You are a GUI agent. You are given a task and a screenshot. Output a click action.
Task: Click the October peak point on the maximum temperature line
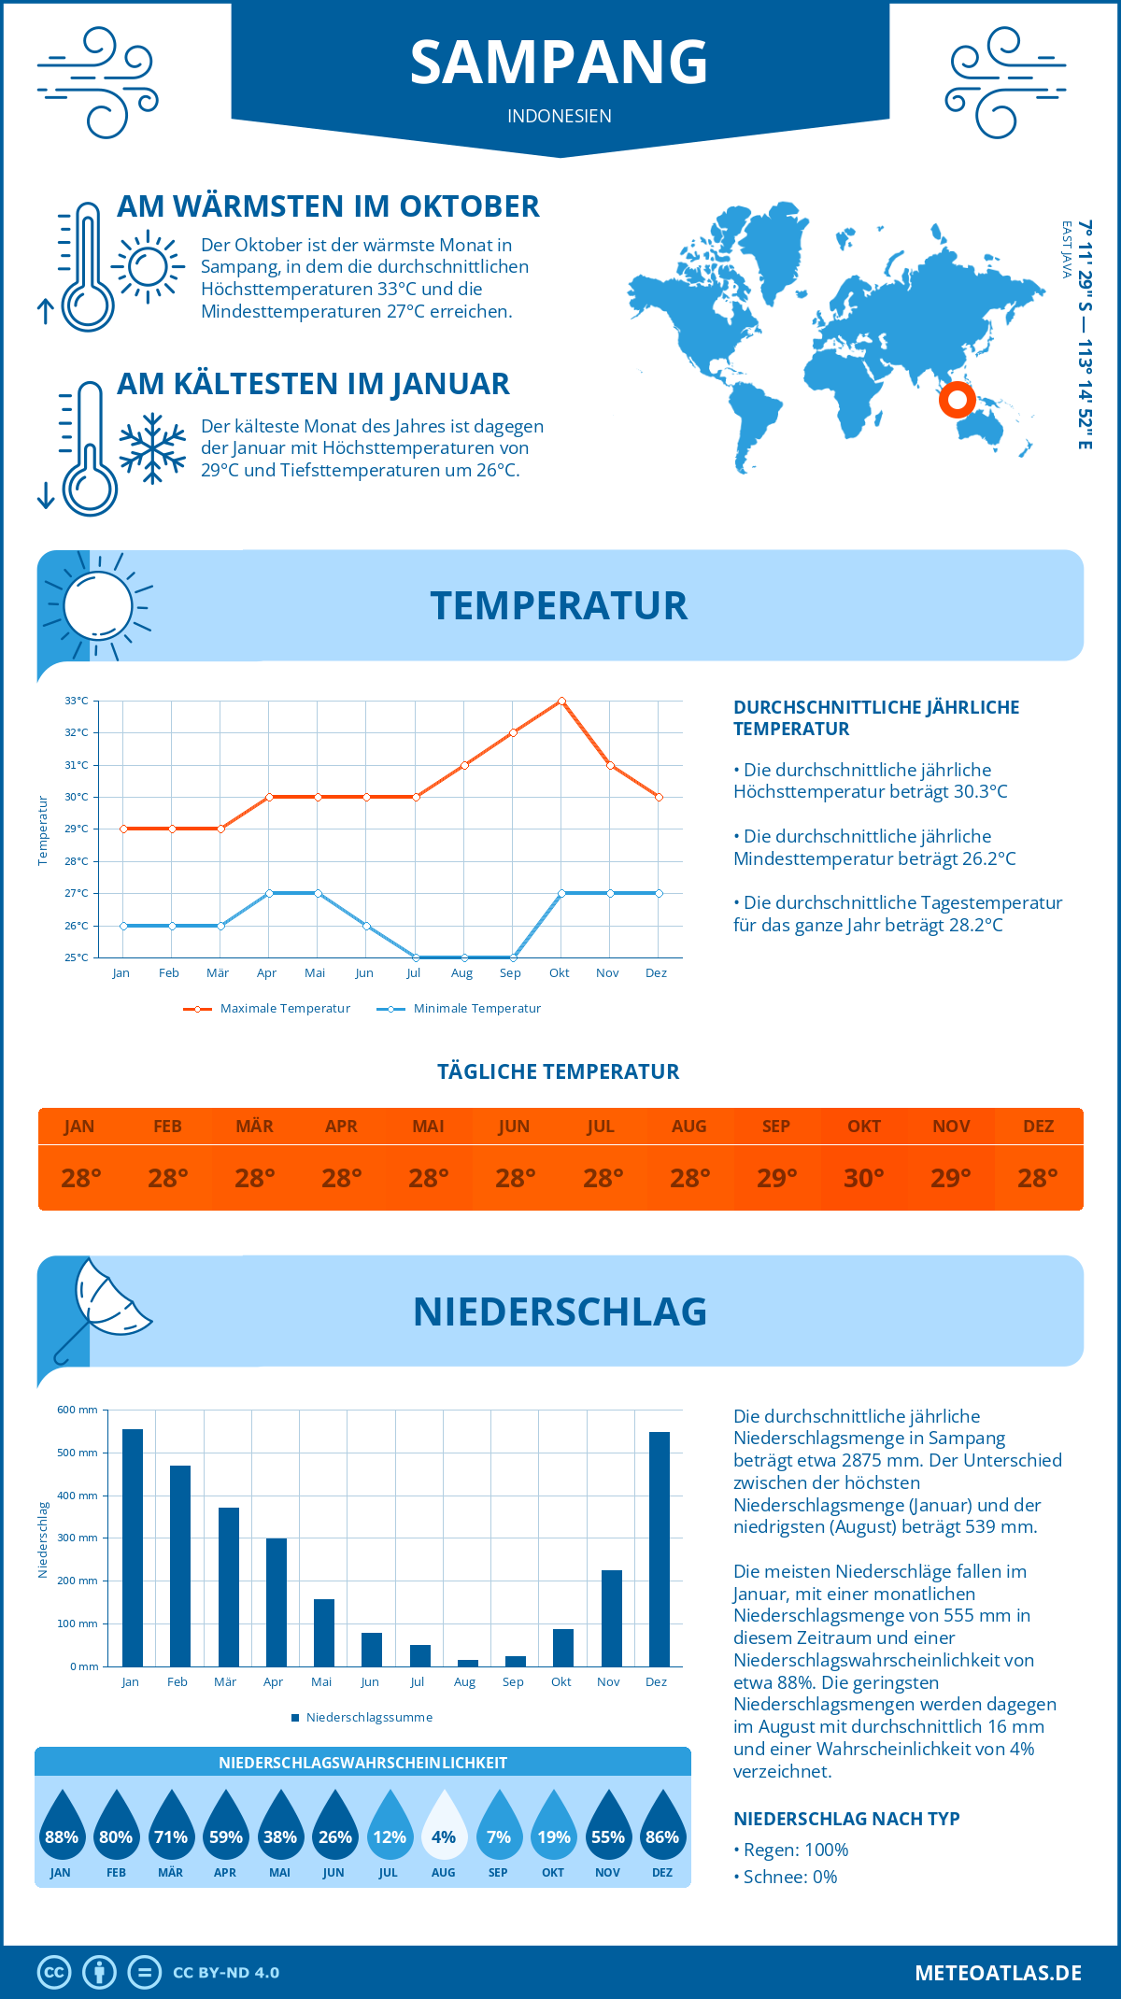561,701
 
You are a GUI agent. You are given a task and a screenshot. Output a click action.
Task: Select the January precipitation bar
133,1548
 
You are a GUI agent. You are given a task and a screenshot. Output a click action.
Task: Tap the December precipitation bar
660,1549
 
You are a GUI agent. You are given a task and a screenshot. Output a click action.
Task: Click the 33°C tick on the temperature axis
77,701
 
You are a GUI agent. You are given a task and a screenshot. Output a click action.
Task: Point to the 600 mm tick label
78,1410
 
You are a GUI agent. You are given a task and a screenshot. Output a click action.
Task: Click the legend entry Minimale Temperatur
476,1009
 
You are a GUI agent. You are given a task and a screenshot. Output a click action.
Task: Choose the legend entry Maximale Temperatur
285,1009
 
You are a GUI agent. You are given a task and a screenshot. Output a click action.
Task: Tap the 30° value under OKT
864,1178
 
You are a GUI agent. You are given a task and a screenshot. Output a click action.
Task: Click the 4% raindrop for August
444,1827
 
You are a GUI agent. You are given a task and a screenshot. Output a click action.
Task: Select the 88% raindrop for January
62,1827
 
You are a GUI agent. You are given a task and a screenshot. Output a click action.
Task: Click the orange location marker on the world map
957,400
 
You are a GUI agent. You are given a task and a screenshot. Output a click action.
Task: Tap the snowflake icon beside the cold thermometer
152,448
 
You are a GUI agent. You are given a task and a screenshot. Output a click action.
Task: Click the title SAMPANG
560,63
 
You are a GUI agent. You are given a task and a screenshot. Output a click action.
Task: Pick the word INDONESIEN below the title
560,116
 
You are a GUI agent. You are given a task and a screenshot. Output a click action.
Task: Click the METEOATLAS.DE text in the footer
998,1973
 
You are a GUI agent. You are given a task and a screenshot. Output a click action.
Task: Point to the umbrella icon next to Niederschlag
104,1306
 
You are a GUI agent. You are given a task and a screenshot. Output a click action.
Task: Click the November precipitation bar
612,1618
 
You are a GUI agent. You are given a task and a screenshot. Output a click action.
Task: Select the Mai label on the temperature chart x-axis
315,973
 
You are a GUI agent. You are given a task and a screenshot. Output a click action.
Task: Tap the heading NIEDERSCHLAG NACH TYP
846,1819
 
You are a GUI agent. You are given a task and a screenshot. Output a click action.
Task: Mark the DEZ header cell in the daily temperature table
1039,1127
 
